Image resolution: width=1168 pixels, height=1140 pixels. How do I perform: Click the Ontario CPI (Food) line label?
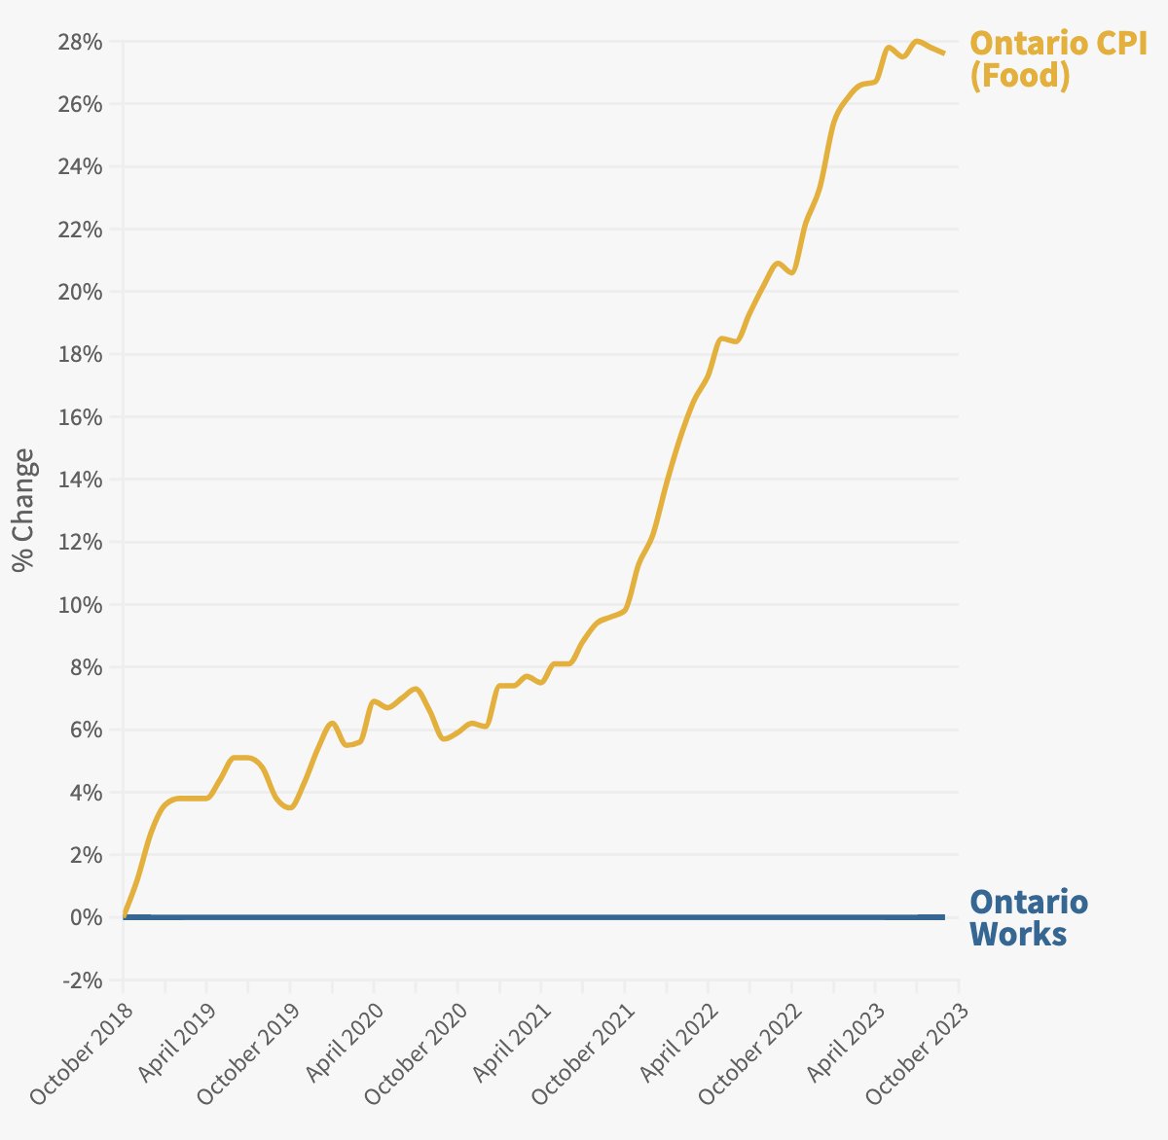[x=1059, y=59]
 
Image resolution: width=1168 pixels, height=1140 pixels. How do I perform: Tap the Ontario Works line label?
[x=1029, y=918]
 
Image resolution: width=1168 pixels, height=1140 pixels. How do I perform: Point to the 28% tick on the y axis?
[x=83, y=42]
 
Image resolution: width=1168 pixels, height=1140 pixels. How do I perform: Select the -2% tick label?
[x=83, y=980]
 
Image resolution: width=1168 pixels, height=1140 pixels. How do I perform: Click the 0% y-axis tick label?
[x=87, y=917]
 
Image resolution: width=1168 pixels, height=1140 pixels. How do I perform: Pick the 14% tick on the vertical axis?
[x=83, y=480]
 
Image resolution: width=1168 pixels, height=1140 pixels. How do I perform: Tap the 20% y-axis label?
[x=83, y=292]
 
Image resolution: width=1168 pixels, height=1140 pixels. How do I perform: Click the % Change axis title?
[x=24, y=510]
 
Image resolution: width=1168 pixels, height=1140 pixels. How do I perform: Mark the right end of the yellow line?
[x=944, y=53]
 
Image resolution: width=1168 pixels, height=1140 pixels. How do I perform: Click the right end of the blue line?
[x=944, y=917]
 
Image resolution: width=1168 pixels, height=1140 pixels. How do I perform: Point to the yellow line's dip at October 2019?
[x=290, y=807]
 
